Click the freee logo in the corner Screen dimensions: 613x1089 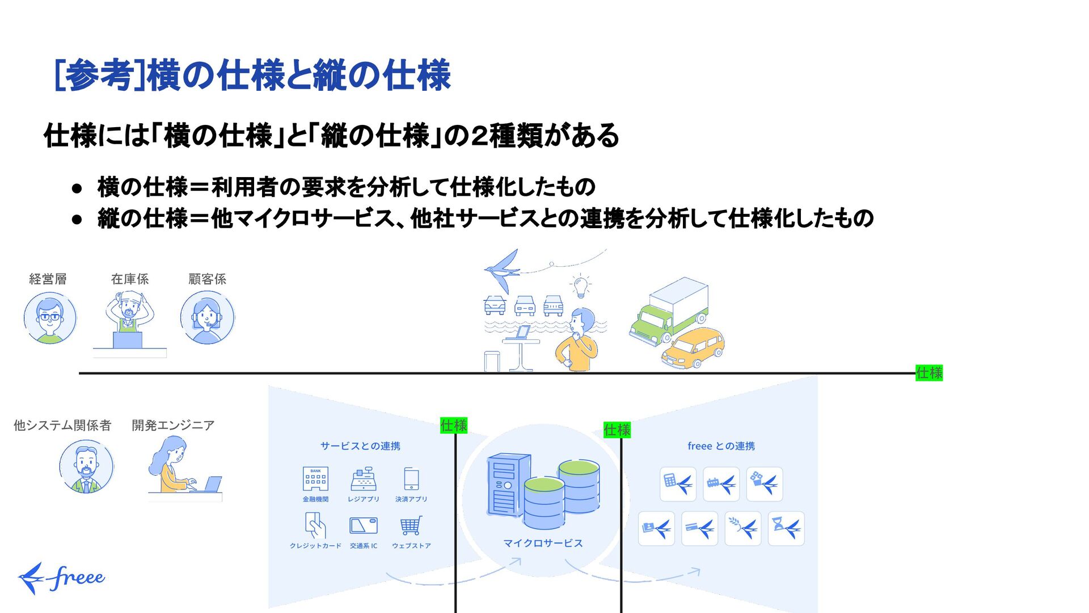click(61, 578)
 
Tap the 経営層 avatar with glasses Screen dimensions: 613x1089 click(50, 318)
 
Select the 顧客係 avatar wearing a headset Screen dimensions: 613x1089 click(207, 318)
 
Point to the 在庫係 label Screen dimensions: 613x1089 click(130, 279)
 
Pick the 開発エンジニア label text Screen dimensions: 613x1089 click(173, 425)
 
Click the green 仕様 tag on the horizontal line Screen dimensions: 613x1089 click(929, 373)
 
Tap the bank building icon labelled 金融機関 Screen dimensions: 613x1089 click(315, 479)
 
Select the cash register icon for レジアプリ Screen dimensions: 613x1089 click(364, 479)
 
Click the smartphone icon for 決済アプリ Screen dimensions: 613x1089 click(411, 479)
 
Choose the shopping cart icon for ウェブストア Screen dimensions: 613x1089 click(411, 526)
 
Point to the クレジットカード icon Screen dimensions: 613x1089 click(315, 526)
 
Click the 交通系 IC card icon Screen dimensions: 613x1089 click(364, 526)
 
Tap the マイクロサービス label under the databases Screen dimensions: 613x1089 click(543, 543)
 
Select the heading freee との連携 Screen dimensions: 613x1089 click(721, 446)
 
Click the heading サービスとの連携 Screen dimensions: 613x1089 click(360, 446)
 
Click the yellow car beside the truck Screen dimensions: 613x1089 click(693, 347)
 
